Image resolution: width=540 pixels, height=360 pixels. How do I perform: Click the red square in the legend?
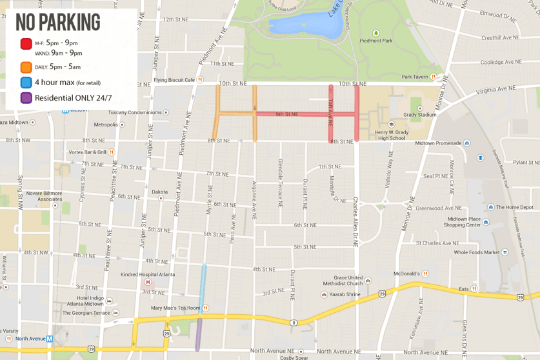tap(26, 44)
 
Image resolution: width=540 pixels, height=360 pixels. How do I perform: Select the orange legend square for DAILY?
tap(26, 67)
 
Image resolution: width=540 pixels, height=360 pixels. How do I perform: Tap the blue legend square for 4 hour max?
tap(26, 83)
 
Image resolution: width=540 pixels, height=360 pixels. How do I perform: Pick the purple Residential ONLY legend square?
tap(26, 98)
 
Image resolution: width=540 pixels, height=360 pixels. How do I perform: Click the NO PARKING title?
tap(58, 22)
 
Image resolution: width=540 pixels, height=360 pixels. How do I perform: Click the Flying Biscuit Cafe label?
tap(174, 80)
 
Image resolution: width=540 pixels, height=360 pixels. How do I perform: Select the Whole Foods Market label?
tap(477, 253)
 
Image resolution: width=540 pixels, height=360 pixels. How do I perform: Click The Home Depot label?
tap(514, 207)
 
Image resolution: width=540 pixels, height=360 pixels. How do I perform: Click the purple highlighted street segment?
tap(199, 334)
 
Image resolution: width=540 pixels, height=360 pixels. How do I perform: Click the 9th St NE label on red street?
tap(286, 114)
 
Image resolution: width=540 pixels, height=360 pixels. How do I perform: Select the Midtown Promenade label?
tap(438, 143)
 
